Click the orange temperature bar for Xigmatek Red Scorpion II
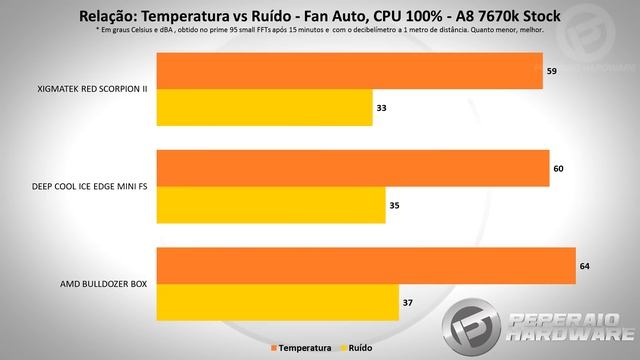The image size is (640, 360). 350,72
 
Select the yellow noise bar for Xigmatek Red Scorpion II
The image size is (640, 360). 265,107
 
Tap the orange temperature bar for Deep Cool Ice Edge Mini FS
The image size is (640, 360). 353,168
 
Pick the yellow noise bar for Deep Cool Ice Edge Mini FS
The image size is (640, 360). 271,204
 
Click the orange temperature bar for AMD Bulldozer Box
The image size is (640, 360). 366,265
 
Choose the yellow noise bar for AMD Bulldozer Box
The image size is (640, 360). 278,301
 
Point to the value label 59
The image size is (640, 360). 551,72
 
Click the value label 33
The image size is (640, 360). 381,107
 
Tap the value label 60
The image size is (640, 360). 558,168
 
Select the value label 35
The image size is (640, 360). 394,204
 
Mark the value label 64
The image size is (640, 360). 584,265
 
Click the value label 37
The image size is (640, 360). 407,301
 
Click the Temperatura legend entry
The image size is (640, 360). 303,347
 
